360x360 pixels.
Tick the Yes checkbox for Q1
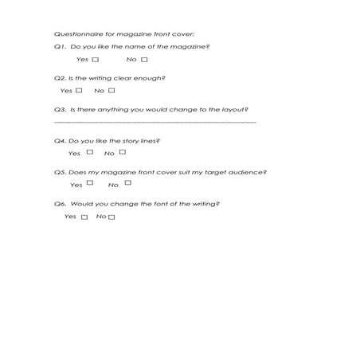(x=96, y=60)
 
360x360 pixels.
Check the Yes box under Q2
(x=80, y=91)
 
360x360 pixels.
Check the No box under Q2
(x=112, y=91)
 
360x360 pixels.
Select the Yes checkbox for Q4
(x=90, y=152)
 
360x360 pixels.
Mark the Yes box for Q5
(x=90, y=183)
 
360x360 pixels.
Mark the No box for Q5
(x=127, y=183)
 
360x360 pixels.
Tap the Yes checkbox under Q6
(x=84, y=217)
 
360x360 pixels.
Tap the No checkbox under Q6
(x=112, y=217)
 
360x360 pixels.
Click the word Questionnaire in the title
(x=73, y=34)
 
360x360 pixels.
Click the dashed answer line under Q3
(x=155, y=123)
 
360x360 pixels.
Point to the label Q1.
(x=60, y=47)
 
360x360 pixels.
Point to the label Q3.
(x=60, y=109)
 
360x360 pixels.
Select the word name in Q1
(x=130, y=47)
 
